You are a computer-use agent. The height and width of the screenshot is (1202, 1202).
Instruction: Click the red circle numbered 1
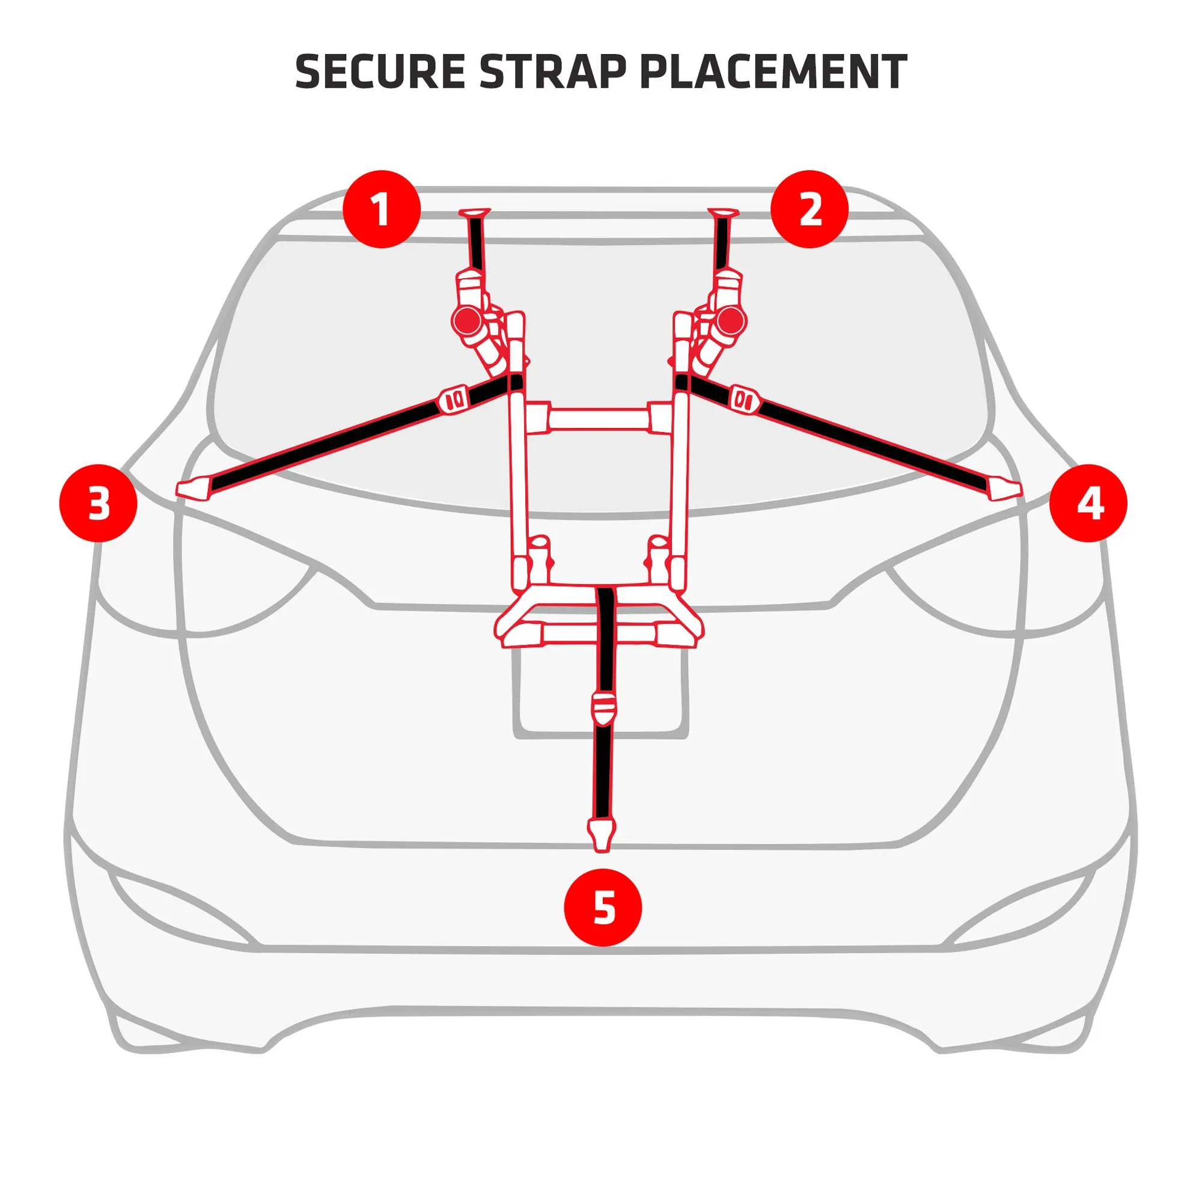pyautogui.click(x=382, y=209)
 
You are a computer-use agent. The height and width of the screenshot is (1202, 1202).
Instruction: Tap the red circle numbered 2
pyautogui.click(x=810, y=209)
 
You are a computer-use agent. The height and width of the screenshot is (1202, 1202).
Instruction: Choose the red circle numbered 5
pyautogui.click(x=603, y=907)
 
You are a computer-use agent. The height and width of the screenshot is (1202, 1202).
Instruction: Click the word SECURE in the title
pyautogui.click(x=379, y=72)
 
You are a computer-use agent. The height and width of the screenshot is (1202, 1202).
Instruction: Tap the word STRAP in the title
pyautogui.click(x=552, y=72)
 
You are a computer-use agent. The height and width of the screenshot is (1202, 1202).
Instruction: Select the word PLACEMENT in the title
pyautogui.click(x=773, y=72)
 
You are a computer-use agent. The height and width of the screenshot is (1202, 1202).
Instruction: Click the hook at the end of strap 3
pyautogui.click(x=194, y=488)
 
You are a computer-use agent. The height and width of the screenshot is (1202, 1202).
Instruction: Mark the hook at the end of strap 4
pyautogui.click(x=1004, y=488)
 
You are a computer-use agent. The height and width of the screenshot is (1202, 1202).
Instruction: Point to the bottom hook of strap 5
pyautogui.click(x=602, y=834)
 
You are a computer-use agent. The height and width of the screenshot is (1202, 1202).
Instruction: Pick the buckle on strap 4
pyautogui.click(x=745, y=398)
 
